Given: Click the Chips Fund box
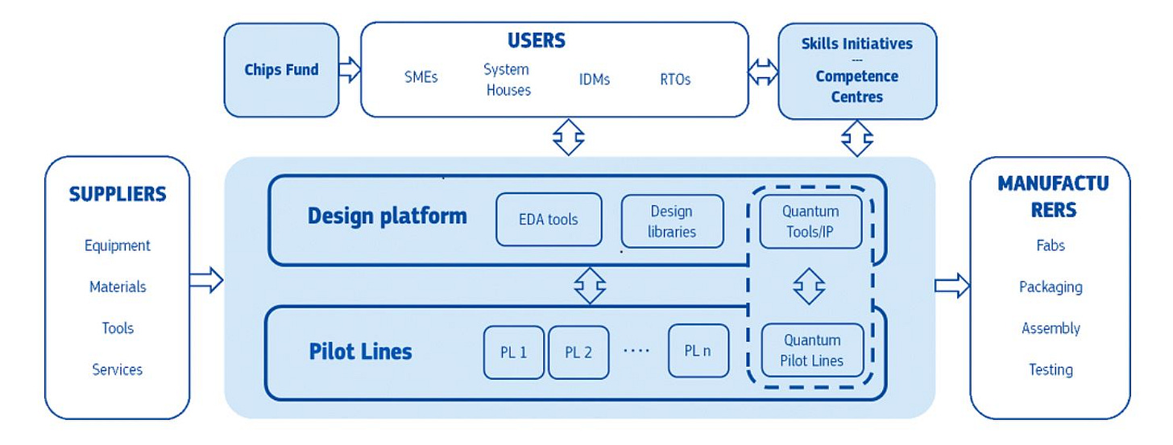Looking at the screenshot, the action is pos(281,70).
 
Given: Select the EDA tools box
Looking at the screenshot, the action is pos(549,219).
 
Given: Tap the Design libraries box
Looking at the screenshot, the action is pos(673,221).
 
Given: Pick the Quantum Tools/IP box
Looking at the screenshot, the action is pos(810,221).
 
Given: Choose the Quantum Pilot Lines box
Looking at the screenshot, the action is pos(812,350).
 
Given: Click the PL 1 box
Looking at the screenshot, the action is pos(514,352).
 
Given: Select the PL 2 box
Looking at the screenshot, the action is pos(578,352).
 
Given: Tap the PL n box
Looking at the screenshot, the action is pos(698,350).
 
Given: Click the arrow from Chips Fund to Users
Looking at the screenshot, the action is pos(350,69).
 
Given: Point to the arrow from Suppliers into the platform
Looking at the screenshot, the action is pos(206,280).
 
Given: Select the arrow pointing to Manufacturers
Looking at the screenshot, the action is pos(952,286).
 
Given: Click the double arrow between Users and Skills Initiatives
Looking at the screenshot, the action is pos(763,72).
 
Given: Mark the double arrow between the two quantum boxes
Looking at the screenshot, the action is pos(809,286).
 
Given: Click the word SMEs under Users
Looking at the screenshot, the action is pos(421,77).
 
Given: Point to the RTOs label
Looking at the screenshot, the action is pos(675,80).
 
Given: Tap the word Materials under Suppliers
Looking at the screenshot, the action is pos(118,286).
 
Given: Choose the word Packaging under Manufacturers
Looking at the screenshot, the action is pos(1051,287).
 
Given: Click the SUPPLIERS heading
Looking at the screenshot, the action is pos(118,194).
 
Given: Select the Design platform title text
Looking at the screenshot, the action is pos(387,216).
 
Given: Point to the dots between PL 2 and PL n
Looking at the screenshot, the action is pos(636,350).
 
